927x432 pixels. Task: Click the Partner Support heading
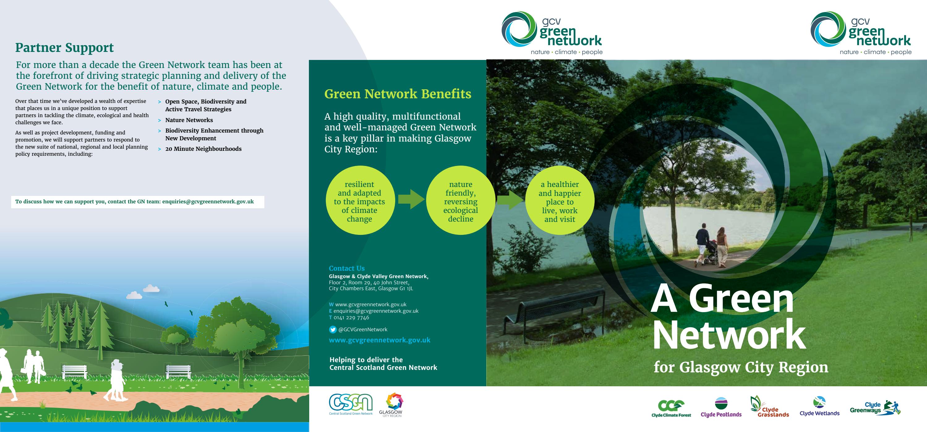click(64, 48)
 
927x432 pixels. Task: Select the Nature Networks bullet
click(189, 120)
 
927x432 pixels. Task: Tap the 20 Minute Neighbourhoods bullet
click(203, 149)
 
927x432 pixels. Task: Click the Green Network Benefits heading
click(398, 94)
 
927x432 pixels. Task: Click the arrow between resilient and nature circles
click(411, 199)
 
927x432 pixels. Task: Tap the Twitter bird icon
click(333, 329)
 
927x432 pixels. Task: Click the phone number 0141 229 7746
click(351, 318)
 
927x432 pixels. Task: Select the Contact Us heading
click(347, 268)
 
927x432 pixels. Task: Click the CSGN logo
click(351, 404)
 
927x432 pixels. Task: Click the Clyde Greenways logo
click(874, 408)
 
